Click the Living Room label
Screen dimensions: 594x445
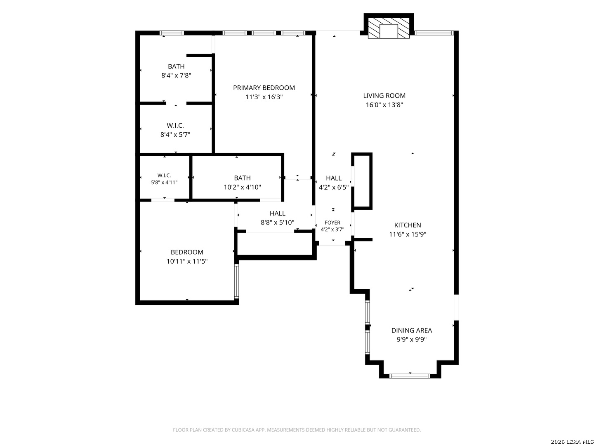pos(384,96)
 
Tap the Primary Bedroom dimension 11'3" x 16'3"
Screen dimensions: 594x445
pos(264,97)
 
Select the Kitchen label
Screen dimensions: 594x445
pos(407,225)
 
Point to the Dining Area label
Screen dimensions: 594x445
pos(411,330)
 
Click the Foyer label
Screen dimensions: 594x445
pos(332,222)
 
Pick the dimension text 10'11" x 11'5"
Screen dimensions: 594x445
pos(187,261)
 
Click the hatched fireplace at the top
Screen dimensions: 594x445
pos(389,28)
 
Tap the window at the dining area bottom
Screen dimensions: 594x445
pos(410,376)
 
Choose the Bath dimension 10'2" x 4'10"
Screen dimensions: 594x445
pos(242,187)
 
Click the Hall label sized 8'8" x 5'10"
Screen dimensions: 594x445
pos(277,213)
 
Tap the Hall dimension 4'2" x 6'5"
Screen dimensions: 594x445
pos(333,187)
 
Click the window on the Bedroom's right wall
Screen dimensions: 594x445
pos(236,281)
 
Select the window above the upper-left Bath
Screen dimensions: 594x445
pos(172,33)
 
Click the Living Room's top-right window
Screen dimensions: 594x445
pos(434,33)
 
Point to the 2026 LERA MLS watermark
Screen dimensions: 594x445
pos(572,441)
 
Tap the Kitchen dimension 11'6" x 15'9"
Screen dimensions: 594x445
pos(408,234)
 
